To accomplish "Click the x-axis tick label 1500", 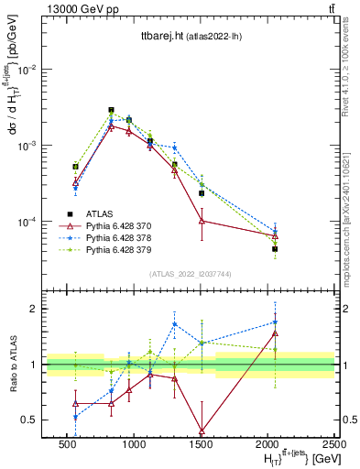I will [202, 442].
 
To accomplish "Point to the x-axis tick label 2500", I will [333, 442].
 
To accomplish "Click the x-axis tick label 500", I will [67, 442].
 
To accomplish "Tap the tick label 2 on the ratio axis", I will [33, 309].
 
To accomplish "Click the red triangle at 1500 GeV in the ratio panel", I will [202, 431].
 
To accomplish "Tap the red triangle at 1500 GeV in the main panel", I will [202, 221].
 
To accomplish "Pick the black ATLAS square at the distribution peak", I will [112, 110].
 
